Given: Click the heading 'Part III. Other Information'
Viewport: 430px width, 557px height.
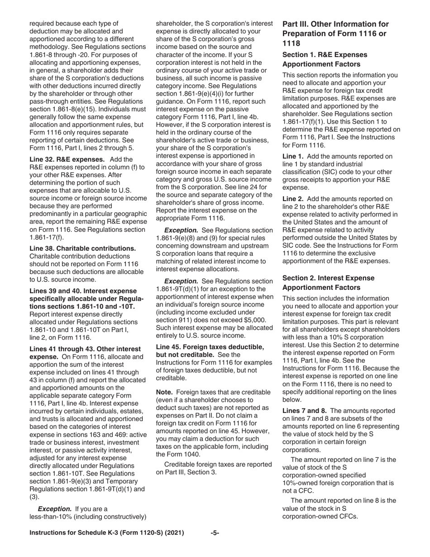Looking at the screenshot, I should point(335,24).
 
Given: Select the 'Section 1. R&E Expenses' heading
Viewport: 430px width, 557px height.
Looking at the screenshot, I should point(325,55).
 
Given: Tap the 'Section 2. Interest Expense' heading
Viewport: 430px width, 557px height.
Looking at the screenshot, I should point(328,278).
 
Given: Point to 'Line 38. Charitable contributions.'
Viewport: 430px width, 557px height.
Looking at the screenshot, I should point(82,248).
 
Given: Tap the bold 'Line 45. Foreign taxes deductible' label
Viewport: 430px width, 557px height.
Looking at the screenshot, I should point(210,346).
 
